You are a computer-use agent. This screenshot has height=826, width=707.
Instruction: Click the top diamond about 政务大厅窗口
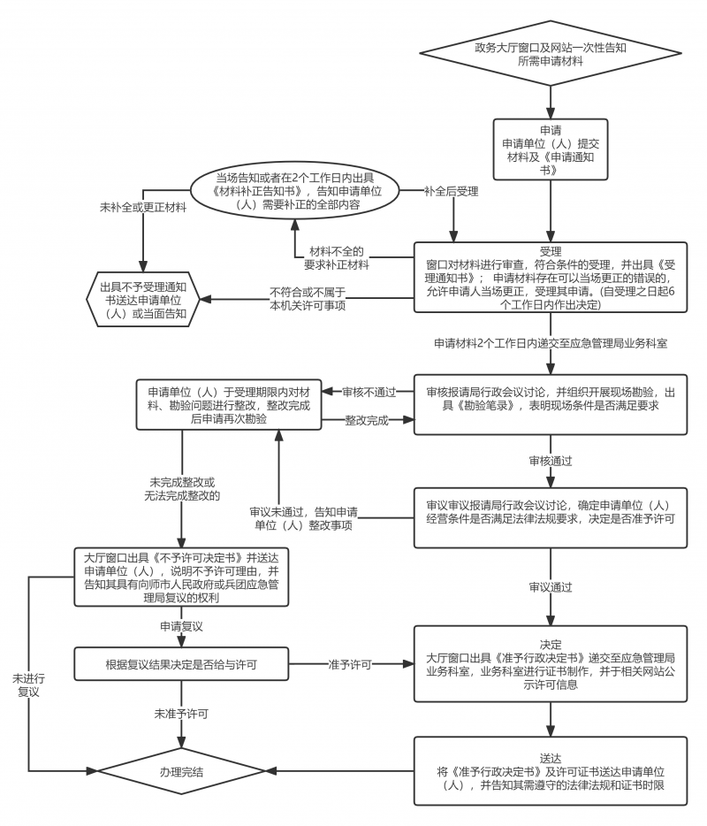point(551,53)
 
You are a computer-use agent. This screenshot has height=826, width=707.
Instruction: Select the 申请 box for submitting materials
point(551,149)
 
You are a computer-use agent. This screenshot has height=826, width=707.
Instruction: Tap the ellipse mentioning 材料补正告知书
point(295,191)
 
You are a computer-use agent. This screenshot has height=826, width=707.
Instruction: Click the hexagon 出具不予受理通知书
point(143,299)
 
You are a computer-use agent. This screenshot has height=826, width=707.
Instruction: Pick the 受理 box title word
point(551,251)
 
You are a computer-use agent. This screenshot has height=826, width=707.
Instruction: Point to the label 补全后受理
point(451,191)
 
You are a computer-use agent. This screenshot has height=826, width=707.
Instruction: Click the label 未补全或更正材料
point(143,208)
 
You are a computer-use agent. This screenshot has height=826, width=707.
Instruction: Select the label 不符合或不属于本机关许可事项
point(308,299)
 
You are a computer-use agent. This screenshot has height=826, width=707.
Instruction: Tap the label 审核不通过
point(369,392)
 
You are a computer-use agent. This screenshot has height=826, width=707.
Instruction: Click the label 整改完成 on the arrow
point(367,420)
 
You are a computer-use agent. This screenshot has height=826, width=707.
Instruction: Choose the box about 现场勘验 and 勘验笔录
point(551,404)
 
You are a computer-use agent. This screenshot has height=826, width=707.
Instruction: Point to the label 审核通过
point(551,461)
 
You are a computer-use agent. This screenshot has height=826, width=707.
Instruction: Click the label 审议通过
point(551,587)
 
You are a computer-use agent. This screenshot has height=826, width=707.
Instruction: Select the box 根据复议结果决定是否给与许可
point(182,664)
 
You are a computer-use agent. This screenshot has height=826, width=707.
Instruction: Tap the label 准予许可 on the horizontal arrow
point(350,664)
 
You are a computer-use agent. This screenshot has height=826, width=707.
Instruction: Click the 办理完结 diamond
point(182,772)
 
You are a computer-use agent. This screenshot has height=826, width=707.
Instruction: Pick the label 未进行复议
point(29,685)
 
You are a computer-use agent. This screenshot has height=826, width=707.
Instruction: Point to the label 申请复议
point(182,626)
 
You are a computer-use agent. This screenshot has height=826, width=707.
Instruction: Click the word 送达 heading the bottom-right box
point(551,759)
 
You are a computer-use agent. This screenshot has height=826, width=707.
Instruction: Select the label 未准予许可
point(182,714)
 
